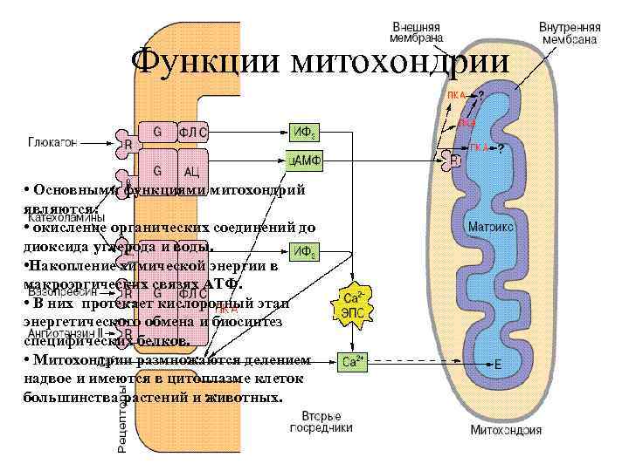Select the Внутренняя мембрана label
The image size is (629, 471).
coord(569,32)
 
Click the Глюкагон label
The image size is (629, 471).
coord(52,140)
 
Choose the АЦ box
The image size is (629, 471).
coord(193,171)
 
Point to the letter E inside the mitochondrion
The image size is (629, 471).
coord(497,363)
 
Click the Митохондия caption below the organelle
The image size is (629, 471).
coord(506,429)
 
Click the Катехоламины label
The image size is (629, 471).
coord(66,218)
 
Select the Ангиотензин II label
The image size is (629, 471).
coord(66,333)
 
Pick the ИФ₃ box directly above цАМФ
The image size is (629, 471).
coord(305,133)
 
